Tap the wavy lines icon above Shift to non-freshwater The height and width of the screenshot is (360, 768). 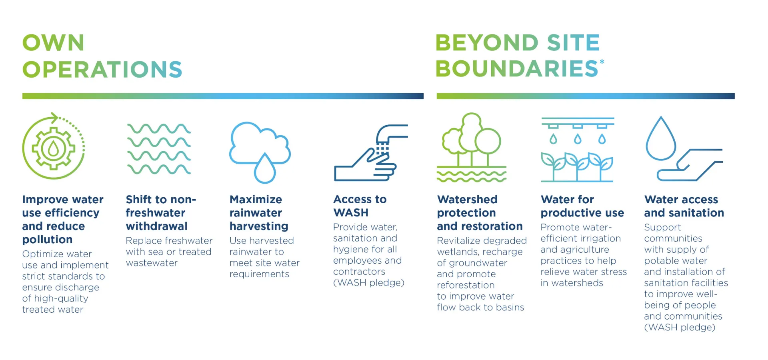coord(159,149)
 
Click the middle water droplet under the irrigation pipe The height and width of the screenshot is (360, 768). coord(578,139)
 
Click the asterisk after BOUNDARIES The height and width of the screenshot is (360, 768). coord(602,62)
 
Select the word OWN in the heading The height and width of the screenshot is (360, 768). coord(53,43)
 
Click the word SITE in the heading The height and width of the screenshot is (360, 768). coord(573,43)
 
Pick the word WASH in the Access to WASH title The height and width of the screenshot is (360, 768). coord(351,213)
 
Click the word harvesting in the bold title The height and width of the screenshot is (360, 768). coord(259,226)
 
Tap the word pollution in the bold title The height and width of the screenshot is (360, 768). coord(47,240)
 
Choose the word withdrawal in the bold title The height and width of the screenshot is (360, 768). coord(156,226)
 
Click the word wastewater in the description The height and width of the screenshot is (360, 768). coord(152,263)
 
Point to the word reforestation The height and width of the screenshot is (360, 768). coord(466,285)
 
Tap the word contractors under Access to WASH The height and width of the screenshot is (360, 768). coord(359,272)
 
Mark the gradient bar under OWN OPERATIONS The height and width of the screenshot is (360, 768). coord(223,96)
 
